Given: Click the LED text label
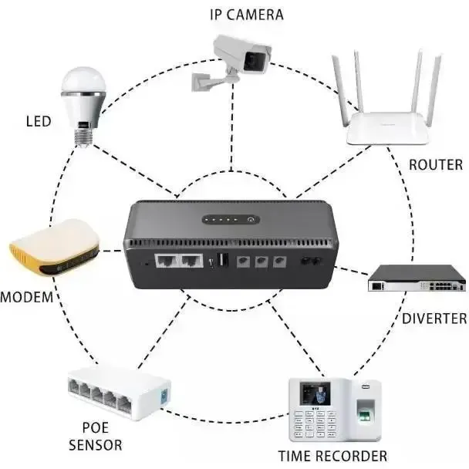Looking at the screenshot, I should click(39, 122).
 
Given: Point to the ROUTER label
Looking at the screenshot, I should click(435, 164).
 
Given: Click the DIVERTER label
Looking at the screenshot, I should click(434, 318).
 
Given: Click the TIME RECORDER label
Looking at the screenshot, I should click(332, 455).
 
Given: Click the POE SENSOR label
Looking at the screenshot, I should click(96, 436).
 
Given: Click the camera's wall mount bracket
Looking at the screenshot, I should click(207, 79).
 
